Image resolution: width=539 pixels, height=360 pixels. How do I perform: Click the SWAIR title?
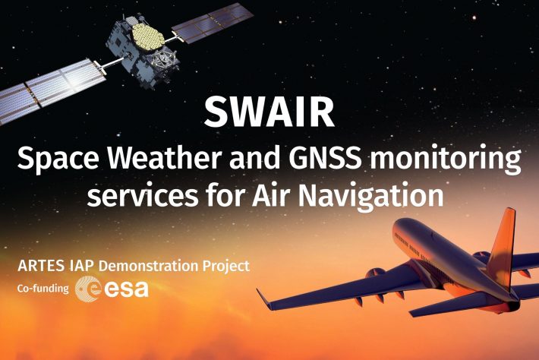(269, 112)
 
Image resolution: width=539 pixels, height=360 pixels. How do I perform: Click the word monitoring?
(445, 159)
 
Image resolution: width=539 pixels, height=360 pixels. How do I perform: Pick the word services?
(142, 196)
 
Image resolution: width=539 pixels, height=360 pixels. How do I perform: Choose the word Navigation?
(370, 195)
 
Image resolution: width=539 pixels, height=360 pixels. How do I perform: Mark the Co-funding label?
(43, 288)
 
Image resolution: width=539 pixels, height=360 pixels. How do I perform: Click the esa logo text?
(126, 289)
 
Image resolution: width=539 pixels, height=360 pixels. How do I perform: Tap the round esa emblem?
(88, 289)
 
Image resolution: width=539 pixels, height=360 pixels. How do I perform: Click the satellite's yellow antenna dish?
(148, 36)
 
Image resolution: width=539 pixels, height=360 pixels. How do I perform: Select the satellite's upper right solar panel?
(212, 23)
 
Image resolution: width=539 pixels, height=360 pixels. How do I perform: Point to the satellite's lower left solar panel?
(51, 90)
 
